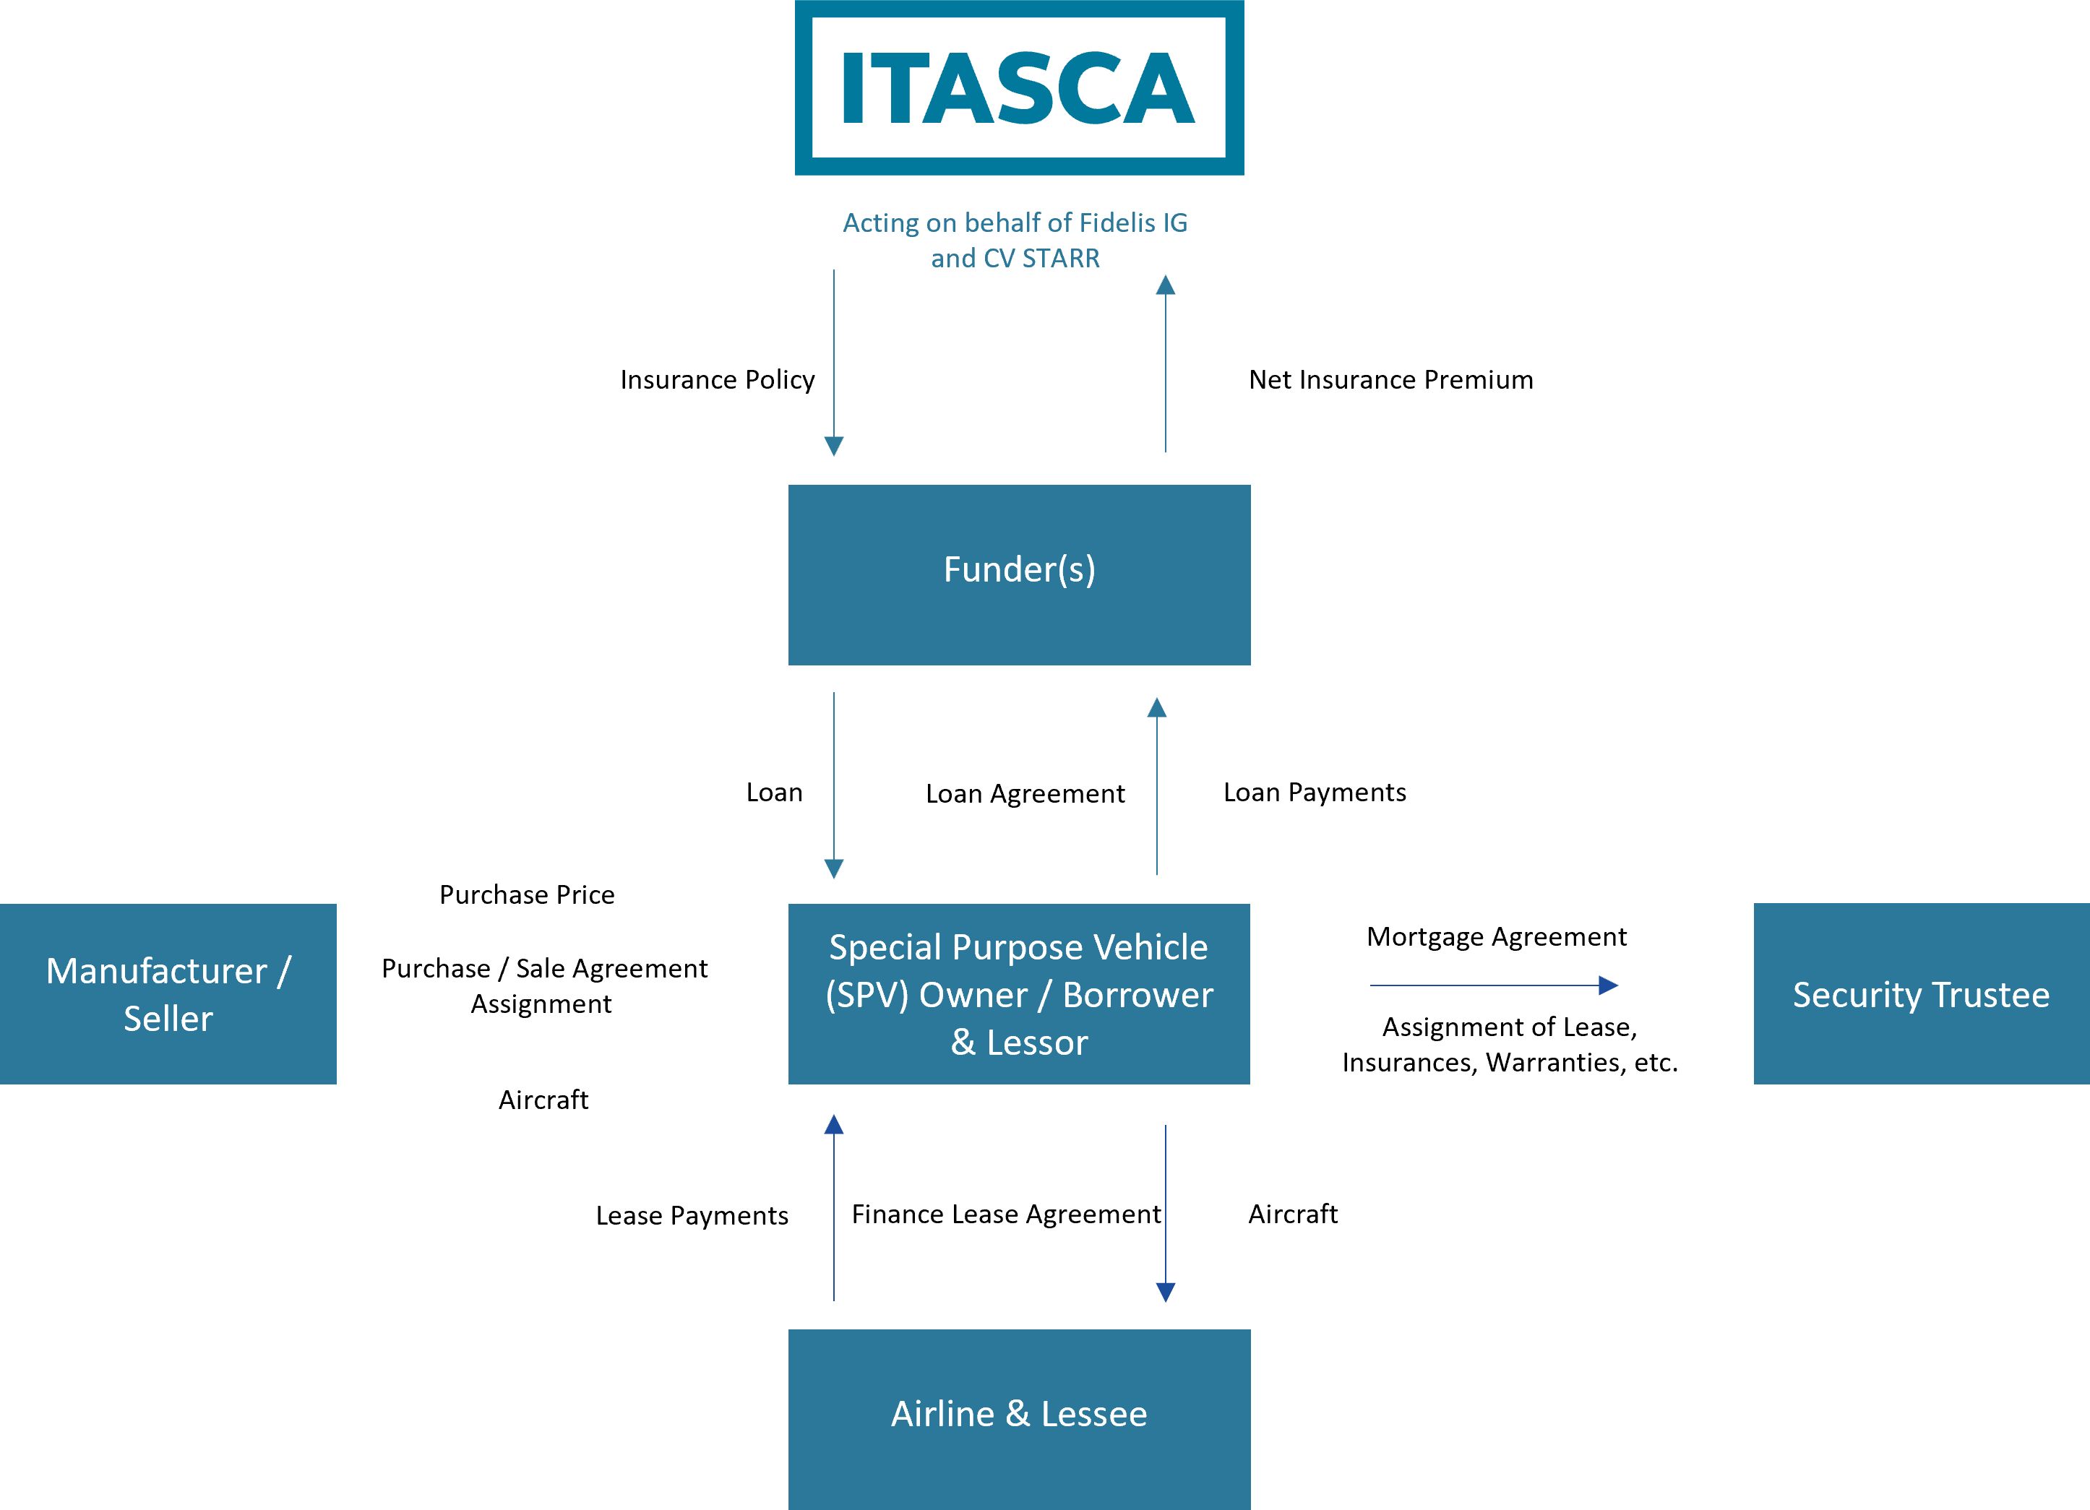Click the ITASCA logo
(1018, 87)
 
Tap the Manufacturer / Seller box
(168, 993)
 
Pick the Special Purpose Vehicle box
(1019, 993)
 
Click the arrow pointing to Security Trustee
(1493, 985)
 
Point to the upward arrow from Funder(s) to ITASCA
(1166, 364)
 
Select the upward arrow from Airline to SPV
(834, 1207)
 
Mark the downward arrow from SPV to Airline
(1166, 1212)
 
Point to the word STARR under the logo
(1061, 259)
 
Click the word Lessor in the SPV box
(1037, 1043)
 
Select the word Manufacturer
(157, 971)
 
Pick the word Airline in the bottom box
(942, 1414)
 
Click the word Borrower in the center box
(1138, 995)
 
